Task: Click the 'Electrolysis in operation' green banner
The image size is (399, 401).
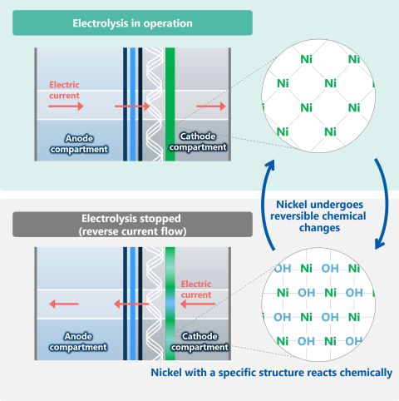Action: click(133, 22)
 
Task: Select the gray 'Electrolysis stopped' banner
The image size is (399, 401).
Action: click(133, 224)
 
